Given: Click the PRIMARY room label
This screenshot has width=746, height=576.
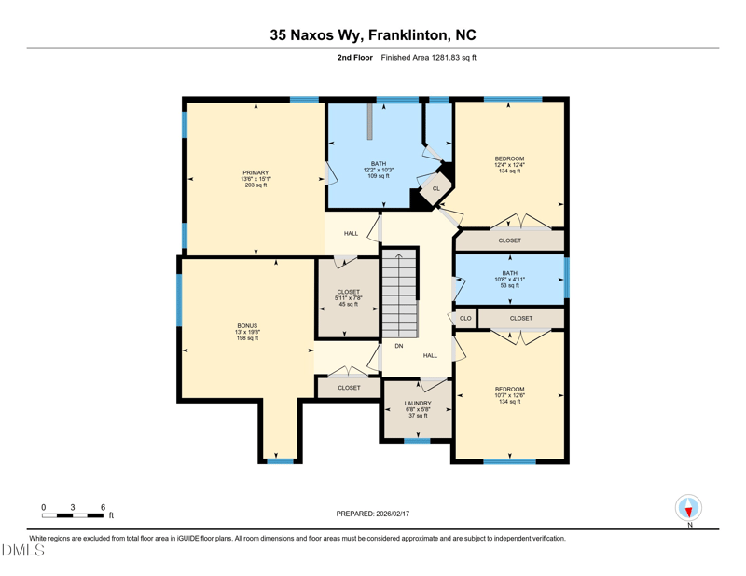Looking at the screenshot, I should [256, 172].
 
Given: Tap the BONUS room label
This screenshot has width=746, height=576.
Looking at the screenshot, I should [247, 326].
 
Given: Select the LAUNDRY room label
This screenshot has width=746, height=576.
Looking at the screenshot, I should [418, 404].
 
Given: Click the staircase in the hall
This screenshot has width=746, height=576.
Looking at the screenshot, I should [400, 293].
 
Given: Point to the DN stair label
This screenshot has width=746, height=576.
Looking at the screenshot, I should [398, 346].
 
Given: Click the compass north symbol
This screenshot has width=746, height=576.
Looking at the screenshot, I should [688, 509].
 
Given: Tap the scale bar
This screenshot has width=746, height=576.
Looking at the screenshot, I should [73, 514].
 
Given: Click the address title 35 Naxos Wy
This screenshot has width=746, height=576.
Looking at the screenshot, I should [373, 35].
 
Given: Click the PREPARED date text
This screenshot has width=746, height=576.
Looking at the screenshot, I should [373, 514].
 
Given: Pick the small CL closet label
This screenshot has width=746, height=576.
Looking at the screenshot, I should [435, 189].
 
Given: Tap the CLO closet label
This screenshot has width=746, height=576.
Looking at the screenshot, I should [465, 319].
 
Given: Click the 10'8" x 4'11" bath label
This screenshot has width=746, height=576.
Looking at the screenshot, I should [509, 280].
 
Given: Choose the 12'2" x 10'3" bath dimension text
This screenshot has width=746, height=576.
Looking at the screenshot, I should [378, 170].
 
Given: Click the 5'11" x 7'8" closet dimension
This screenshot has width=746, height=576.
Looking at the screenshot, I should [348, 298].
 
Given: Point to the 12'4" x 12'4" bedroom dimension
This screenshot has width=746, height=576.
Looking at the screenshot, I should [509, 165].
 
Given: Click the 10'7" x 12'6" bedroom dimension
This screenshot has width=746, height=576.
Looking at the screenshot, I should [509, 395].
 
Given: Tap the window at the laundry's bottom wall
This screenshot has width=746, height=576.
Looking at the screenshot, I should [417, 440].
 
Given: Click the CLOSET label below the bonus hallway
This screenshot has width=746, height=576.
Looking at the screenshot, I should [349, 388].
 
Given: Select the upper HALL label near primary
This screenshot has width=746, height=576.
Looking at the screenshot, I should [351, 233].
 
